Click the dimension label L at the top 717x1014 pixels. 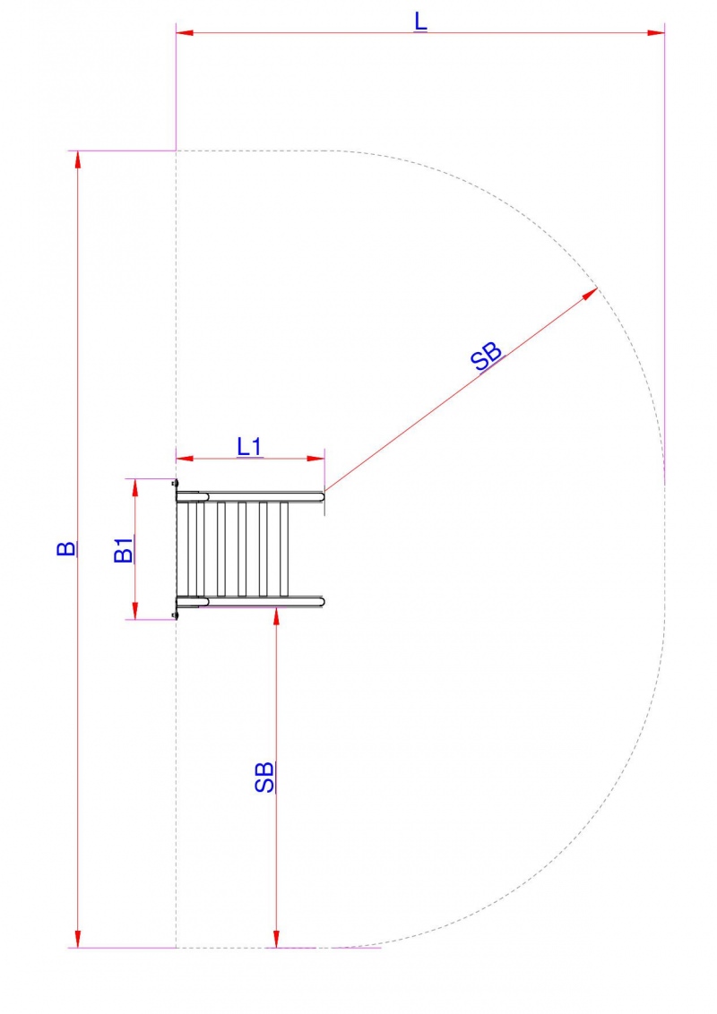click(420, 21)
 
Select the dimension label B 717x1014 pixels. click(66, 548)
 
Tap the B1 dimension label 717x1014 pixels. click(124, 550)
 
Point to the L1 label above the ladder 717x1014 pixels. click(249, 446)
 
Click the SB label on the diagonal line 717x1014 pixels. click(487, 355)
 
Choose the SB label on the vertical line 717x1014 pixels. click(264, 777)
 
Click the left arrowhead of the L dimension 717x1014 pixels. click(185, 31)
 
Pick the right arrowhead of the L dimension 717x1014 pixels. click(655, 31)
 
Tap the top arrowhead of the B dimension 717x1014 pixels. click(78, 159)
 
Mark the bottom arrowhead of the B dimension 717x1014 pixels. click(78, 939)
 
